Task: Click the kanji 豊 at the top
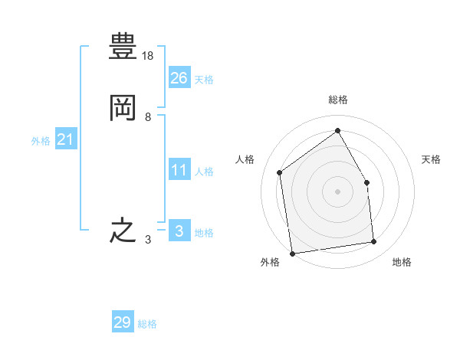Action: pyautogui.click(x=123, y=46)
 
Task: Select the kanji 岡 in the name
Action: pyautogui.click(x=123, y=108)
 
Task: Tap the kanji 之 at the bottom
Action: pyautogui.click(x=123, y=231)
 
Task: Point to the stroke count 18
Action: pyautogui.click(x=147, y=56)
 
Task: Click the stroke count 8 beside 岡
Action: pyautogui.click(x=148, y=117)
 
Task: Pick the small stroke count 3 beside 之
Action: pyautogui.click(x=148, y=240)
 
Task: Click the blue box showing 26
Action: pyautogui.click(x=179, y=77)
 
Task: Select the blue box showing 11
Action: pyautogui.click(x=179, y=169)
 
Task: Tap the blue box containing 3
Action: pyautogui.click(x=179, y=230)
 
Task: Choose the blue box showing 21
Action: pyautogui.click(x=66, y=139)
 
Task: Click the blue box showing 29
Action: pyautogui.click(x=123, y=321)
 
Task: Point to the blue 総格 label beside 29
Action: pyautogui.click(x=147, y=324)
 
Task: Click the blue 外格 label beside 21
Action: pyautogui.click(x=41, y=141)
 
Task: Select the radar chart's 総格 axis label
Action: pyautogui.click(x=338, y=100)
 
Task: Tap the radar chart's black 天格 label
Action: pyautogui.click(x=431, y=159)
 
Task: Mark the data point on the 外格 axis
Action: pyautogui.click(x=293, y=254)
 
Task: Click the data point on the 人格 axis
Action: pyautogui.click(x=280, y=172)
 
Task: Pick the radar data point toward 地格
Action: pyautogui.click(x=374, y=241)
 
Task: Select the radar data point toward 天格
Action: pyautogui.click(x=366, y=182)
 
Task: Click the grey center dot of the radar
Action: pyautogui.click(x=337, y=191)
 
